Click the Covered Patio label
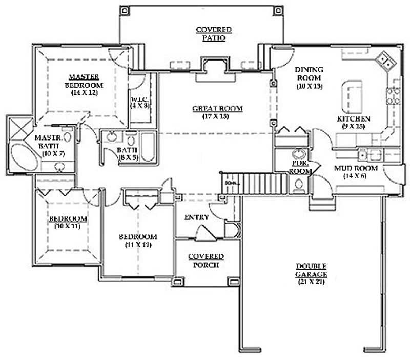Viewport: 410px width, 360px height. pos(214,33)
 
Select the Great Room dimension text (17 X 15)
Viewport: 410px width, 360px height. pos(217,117)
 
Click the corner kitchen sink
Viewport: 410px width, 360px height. pos(385,62)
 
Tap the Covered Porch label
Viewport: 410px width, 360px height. pos(206,261)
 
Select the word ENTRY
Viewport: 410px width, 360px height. pos(197,217)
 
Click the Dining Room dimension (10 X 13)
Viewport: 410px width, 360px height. pos(309,86)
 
